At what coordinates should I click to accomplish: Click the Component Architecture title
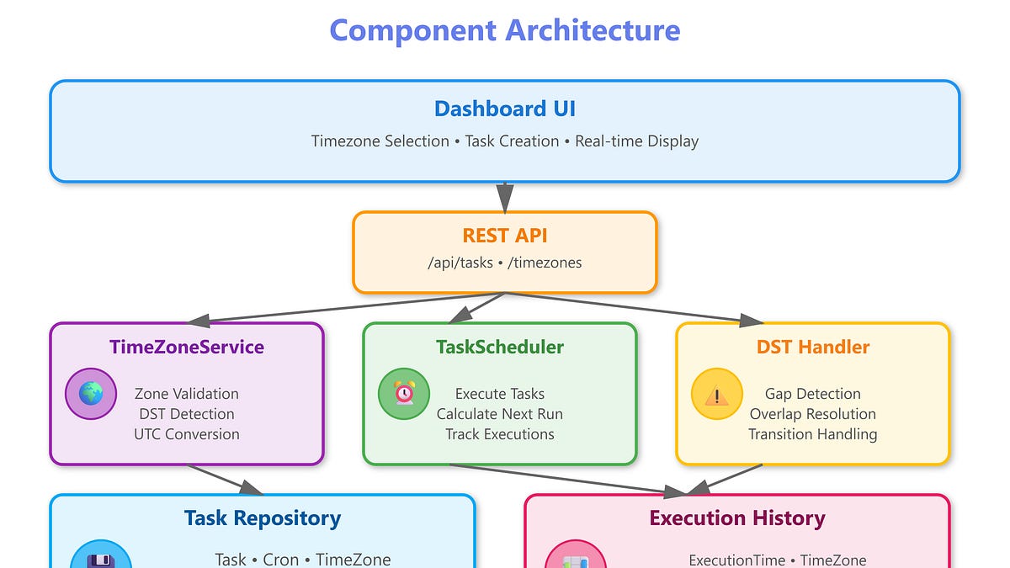click(x=505, y=30)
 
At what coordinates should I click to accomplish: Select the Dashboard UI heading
click(x=505, y=109)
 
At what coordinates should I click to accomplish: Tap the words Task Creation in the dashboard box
click(x=512, y=141)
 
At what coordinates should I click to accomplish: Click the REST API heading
click(x=505, y=236)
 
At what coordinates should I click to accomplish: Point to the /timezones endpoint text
click(x=545, y=263)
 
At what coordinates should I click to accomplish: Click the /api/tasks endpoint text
click(x=460, y=263)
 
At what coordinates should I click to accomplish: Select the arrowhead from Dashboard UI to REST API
click(x=505, y=198)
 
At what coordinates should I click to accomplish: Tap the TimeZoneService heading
click(x=187, y=347)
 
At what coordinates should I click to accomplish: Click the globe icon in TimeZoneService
click(x=91, y=394)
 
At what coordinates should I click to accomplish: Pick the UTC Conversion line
click(x=187, y=434)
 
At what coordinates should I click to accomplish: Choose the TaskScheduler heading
click(x=500, y=347)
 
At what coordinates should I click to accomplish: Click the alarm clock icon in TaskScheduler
click(x=403, y=394)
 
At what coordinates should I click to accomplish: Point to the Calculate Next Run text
click(x=500, y=414)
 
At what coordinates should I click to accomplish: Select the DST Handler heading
click(x=813, y=347)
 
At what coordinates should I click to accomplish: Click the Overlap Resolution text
click(x=813, y=414)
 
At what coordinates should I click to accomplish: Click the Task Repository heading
click(x=263, y=518)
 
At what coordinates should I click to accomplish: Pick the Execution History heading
click(x=737, y=518)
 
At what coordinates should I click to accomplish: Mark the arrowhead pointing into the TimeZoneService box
click(x=199, y=321)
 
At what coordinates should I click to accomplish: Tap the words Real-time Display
click(x=636, y=141)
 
